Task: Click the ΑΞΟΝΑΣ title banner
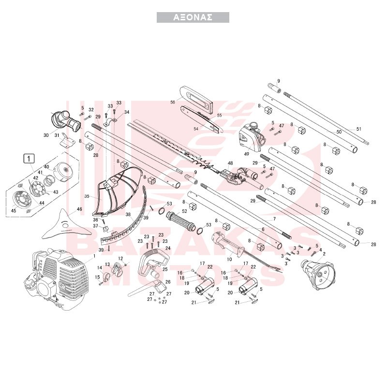[x=193, y=17]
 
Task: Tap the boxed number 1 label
[x=29, y=159]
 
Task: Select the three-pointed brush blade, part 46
[x=65, y=224]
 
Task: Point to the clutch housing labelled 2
[x=317, y=273]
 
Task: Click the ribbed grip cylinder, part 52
[x=181, y=221]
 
